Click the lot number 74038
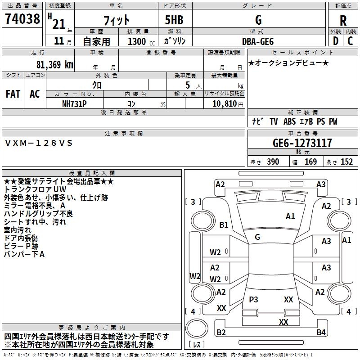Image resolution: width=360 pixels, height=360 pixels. click(22, 19)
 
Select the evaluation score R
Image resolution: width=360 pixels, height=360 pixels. click(343, 20)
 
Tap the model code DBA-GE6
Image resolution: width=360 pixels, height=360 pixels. click(258, 41)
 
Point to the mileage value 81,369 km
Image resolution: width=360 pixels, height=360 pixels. click(52, 64)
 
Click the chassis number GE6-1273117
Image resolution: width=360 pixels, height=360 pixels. click(302, 144)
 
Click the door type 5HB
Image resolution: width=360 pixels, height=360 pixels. click(171, 20)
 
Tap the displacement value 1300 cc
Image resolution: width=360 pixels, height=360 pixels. click(139, 41)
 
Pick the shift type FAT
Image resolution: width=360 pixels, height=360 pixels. click(13, 94)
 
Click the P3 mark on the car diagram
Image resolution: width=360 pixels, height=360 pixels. click(253, 299)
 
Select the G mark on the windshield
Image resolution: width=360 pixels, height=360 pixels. click(257, 237)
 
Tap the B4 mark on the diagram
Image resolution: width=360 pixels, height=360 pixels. click(320, 333)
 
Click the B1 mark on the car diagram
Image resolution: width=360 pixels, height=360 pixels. click(224, 225)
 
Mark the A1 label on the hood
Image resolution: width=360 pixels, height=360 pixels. click(290, 216)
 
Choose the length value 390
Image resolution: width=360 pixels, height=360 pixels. click(273, 162)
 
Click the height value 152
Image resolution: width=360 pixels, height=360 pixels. click(346, 162)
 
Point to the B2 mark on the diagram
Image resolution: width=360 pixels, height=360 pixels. click(221, 333)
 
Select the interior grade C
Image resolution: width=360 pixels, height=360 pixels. click(350, 41)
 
